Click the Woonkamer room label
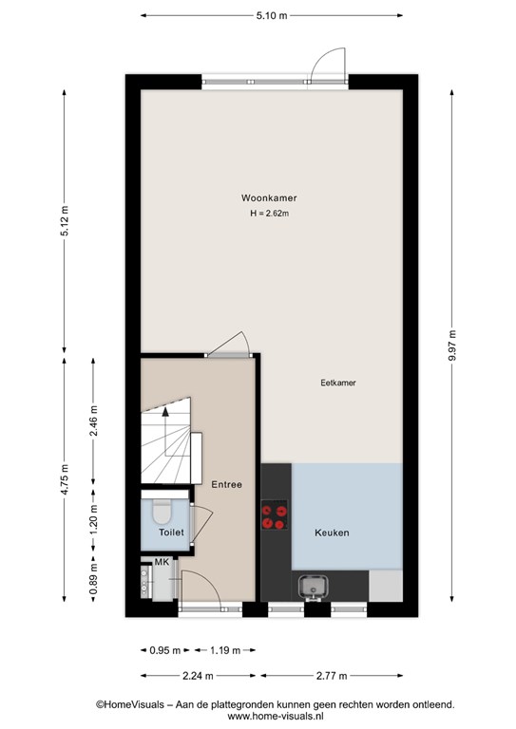coord(269,198)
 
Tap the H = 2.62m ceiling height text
coord(269,214)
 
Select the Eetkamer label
coord(338,383)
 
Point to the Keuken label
coord(332,533)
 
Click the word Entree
coord(226,484)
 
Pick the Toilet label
coord(171,533)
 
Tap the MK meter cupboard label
coord(162,562)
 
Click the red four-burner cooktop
coord(274,515)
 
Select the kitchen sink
coord(314,588)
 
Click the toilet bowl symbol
coord(162,510)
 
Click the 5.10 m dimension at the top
coord(272,16)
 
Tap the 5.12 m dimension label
coord(65,221)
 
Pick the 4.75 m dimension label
coord(65,479)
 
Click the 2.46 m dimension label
coord(93,421)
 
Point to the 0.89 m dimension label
coord(93,579)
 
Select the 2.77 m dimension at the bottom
coord(332,676)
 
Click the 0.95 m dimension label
coord(164,650)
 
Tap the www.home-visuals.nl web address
coord(276,717)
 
